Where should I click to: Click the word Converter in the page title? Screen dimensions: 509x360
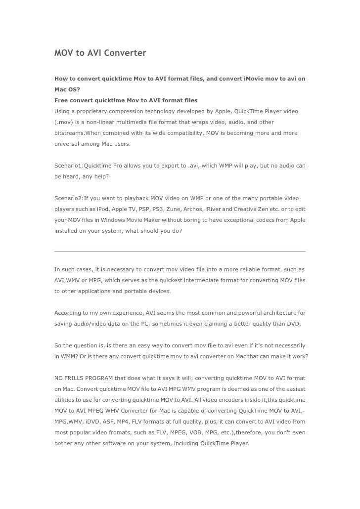(124, 52)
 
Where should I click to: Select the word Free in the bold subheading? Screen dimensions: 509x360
(62, 100)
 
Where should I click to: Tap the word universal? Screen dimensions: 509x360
(67, 144)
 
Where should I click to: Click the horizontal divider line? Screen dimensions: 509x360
(180, 252)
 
